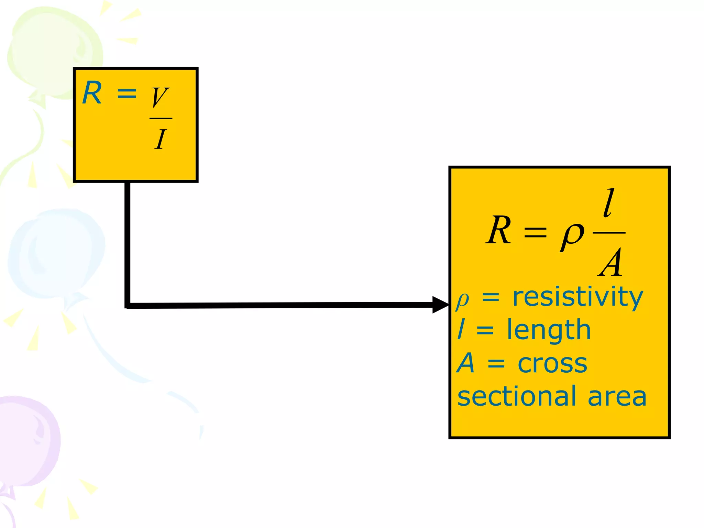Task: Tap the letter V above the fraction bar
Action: (x=160, y=97)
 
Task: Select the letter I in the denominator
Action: (x=160, y=139)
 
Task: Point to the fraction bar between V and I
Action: (x=161, y=118)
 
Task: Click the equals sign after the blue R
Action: (x=127, y=93)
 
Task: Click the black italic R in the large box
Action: (x=499, y=230)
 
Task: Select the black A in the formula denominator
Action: (x=610, y=263)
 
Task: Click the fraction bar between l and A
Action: (x=609, y=233)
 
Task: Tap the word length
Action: (x=549, y=330)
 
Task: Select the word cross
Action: (x=552, y=363)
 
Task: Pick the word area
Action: (x=617, y=396)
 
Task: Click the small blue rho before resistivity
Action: (x=462, y=300)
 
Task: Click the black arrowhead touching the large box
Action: (x=440, y=305)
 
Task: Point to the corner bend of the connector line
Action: (x=128, y=305)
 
